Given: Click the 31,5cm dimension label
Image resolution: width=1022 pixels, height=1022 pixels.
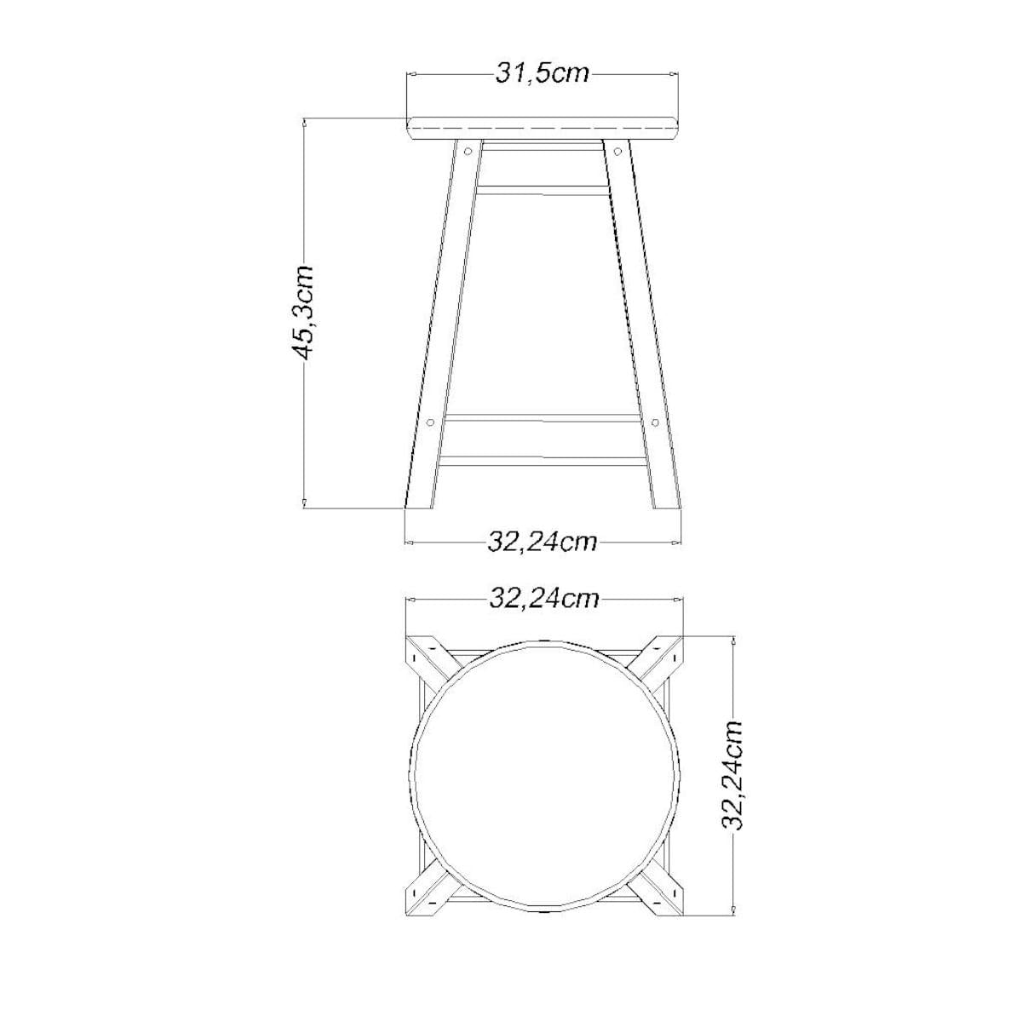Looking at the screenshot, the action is coord(542,74).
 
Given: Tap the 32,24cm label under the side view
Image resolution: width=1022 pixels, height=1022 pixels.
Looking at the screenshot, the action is coord(542,542).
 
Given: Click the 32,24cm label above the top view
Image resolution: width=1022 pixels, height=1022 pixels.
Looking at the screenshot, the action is coord(543,600).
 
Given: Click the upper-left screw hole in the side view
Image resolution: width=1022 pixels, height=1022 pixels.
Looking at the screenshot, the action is coord(468,151).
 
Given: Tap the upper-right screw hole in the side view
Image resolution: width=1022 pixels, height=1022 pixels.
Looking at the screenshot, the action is coord(617,151).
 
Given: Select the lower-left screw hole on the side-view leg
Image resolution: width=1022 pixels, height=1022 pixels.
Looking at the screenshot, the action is coord(430,422).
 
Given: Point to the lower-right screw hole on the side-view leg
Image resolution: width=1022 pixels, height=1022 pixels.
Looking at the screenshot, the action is coord(655,422).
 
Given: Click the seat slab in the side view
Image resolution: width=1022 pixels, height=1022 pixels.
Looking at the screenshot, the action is coord(543,129).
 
